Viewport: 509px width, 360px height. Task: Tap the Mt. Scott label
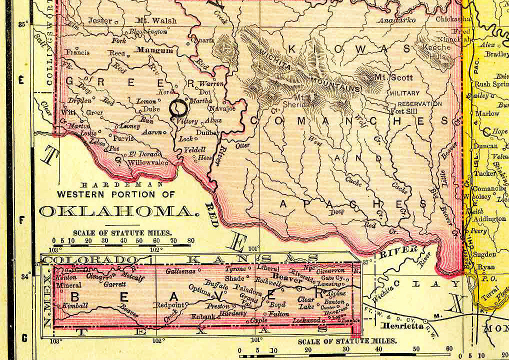394,77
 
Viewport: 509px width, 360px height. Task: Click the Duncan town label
485,146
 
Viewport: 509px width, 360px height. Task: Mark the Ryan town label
486,267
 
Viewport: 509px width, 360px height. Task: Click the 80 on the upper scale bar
190,241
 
